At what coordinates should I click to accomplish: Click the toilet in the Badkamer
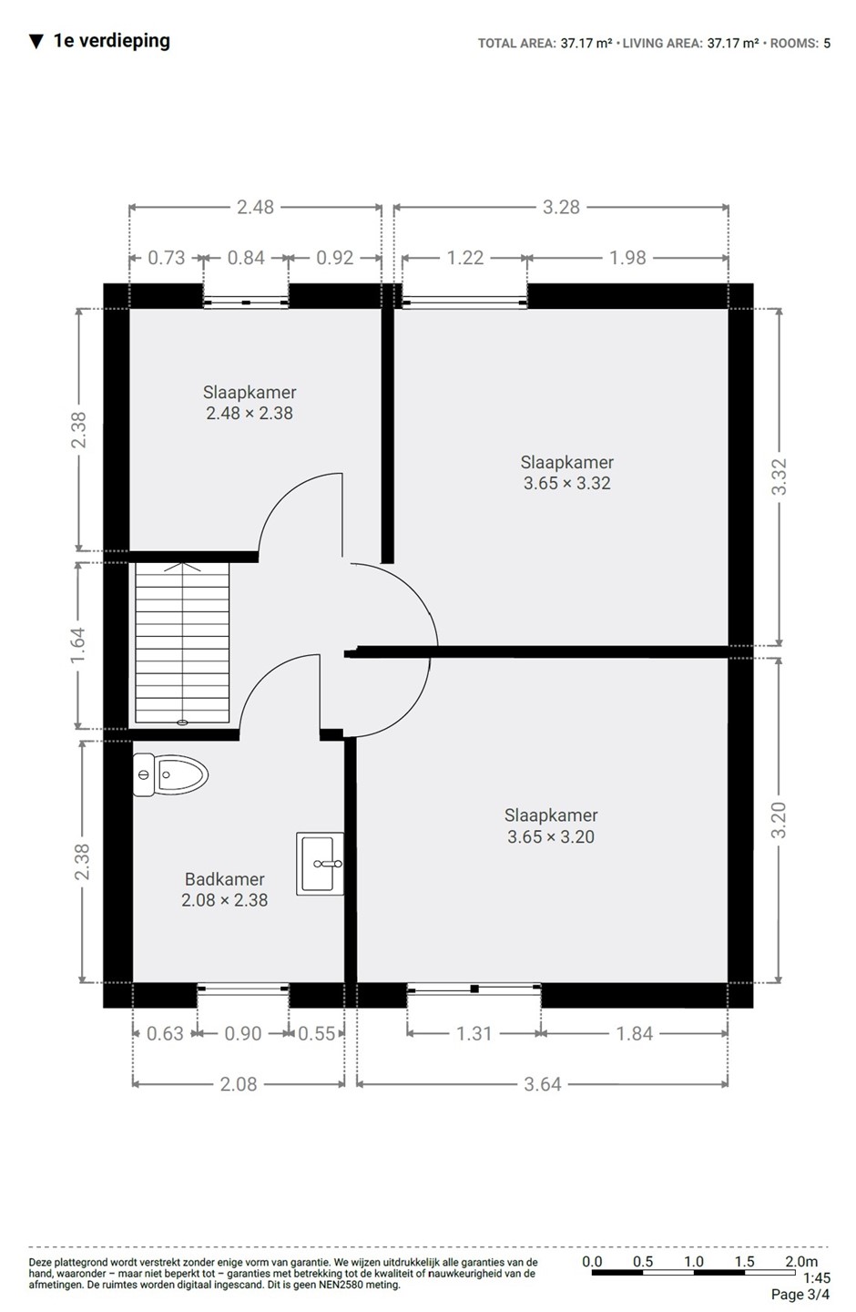(x=170, y=774)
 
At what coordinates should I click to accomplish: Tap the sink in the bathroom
(x=320, y=864)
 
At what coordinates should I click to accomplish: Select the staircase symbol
(x=182, y=642)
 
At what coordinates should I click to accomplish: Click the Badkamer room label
(x=225, y=879)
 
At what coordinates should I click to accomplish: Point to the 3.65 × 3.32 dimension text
(x=566, y=483)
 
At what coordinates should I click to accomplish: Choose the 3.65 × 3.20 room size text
(x=551, y=836)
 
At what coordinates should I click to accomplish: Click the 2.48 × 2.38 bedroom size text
(x=250, y=413)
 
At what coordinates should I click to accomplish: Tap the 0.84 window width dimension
(x=246, y=258)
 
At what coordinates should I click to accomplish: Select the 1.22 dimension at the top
(x=465, y=258)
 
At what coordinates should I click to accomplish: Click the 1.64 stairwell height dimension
(x=78, y=645)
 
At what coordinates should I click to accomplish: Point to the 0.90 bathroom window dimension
(x=243, y=1033)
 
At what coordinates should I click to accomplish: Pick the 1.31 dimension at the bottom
(x=474, y=1033)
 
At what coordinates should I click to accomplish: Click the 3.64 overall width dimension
(x=542, y=1084)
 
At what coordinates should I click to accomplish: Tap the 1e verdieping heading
(x=112, y=41)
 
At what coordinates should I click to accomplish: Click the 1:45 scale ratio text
(x=817, y=1277)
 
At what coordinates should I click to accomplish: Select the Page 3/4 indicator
(x=800, y=1295)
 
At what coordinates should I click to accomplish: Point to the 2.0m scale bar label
(x=801, y=1261)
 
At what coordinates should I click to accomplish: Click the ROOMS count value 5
(x=827, y=43)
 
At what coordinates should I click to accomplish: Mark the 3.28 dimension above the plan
(x=561, y=207)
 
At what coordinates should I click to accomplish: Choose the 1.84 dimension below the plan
(x=634, y=1033)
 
